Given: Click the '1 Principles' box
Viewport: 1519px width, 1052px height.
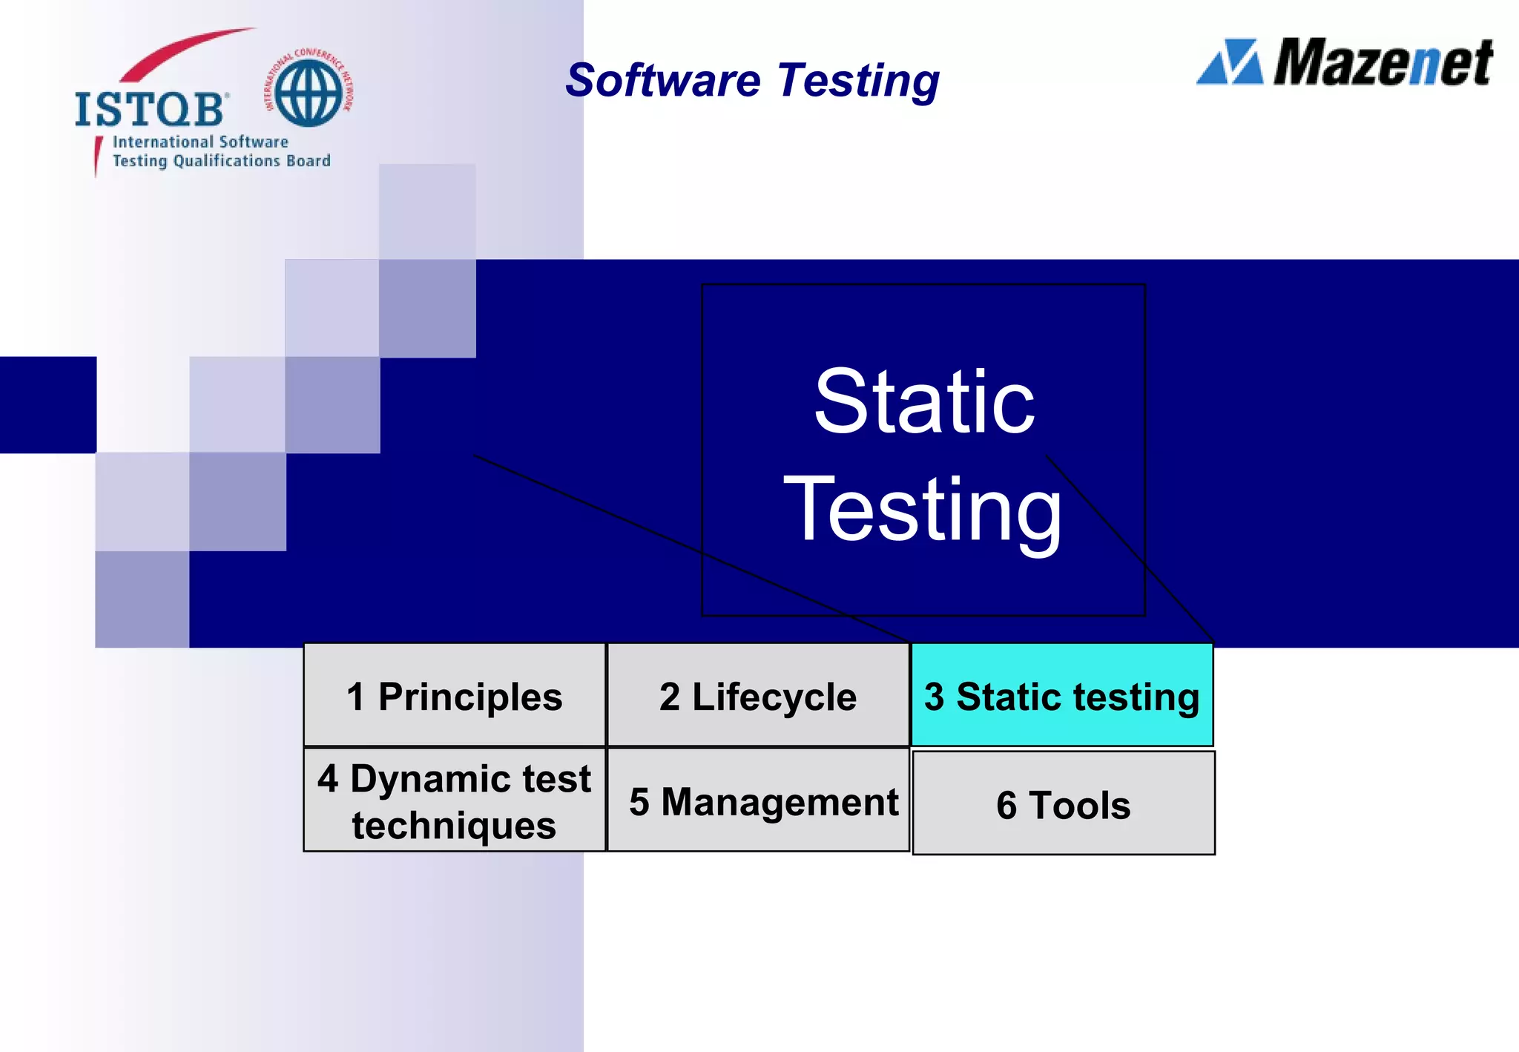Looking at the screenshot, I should click(x=455, y=695).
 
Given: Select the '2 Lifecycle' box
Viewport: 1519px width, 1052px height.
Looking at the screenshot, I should click(x=758, y=695).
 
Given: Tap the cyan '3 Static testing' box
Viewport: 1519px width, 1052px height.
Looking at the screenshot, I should click(x=1062, y=695).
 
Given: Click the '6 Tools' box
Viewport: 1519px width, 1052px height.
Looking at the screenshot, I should click(x=1064, y=803).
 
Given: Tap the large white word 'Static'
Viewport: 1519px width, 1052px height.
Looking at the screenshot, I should click(x=923, y=402).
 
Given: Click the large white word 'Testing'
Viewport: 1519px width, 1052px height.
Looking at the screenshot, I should click(x=923, y=510).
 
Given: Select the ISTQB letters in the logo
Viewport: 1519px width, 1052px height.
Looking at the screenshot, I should click(x=149, y=110).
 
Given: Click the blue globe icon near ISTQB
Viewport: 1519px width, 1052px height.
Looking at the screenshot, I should click(x=309, y=93).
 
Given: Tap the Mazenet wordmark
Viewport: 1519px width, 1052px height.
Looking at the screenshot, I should click(x=1383, y=63).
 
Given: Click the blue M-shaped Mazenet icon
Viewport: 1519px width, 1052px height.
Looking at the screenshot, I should click(x=1230, y=62).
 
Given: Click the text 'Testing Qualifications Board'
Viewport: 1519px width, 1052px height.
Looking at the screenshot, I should click(x=221, y=161).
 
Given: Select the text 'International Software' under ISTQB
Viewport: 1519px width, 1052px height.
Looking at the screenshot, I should click(x=200, y=142).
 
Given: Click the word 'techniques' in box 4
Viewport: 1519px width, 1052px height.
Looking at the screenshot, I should click(x=454, y=826).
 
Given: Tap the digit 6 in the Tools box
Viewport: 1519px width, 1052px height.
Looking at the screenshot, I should click(x=1006, y=805).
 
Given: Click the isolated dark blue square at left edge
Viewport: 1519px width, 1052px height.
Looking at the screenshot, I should click(x=47, y=404).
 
